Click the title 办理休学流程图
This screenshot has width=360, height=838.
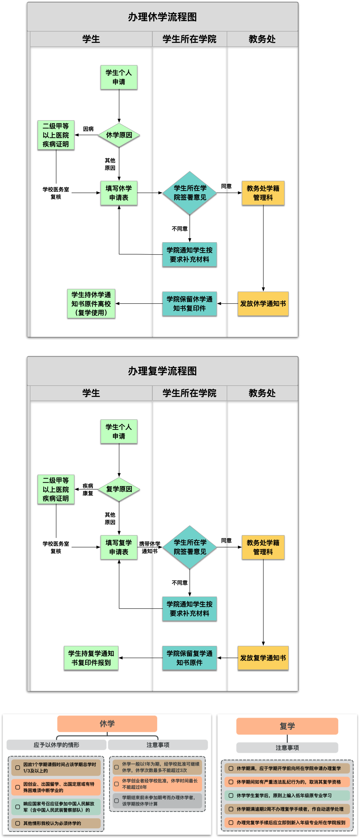162,17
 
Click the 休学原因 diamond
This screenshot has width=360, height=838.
119,135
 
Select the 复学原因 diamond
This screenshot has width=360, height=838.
119,489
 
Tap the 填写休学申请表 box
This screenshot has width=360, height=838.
119,193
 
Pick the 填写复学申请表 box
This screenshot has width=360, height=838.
119,547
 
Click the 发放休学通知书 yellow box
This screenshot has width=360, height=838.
263,304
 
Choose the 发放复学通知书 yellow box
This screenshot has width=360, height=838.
263,658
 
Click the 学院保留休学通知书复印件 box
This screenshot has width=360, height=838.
189,304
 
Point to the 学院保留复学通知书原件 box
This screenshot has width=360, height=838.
189,658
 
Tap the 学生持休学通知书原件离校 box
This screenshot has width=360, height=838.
91,304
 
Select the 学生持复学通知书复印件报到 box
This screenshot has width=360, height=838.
91,658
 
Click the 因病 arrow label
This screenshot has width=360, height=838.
88,129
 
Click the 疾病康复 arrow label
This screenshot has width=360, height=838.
88,489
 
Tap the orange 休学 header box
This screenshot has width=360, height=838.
107,724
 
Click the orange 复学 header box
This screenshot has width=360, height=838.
287,726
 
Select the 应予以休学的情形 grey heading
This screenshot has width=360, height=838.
56,745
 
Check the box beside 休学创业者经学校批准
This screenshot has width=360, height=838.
116,784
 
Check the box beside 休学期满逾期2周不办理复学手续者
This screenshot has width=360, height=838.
231,809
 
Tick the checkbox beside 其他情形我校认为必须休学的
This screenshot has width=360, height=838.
17,823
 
